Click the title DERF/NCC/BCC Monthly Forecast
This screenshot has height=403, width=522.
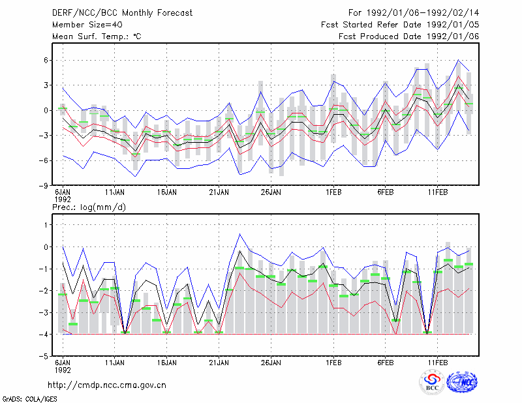(122, 13)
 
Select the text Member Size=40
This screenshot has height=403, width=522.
(87, 25)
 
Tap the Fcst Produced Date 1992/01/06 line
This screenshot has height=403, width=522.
(408, 37)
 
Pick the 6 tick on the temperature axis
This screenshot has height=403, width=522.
(46, 60)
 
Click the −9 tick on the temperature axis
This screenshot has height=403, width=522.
(44, 185)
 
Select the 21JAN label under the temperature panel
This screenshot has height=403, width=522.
(219, 192)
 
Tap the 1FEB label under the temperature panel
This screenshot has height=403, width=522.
(333, 192)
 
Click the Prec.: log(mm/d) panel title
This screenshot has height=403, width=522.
(89, 207)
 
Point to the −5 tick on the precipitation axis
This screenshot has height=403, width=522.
(44, 357)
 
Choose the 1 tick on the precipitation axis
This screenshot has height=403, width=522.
(46, 225)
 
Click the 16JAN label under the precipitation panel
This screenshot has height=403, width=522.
(167, 363)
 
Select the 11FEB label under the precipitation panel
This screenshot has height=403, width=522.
(437, 363)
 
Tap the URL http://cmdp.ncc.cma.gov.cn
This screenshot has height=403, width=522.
(107, 385)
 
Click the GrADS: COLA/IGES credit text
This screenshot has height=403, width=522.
(29, 399)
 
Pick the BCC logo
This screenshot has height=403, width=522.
(432, 383)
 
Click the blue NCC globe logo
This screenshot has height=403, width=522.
(462, 382)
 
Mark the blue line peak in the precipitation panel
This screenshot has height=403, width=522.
(239, 234)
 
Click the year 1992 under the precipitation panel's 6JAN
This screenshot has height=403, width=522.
(63, 370)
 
